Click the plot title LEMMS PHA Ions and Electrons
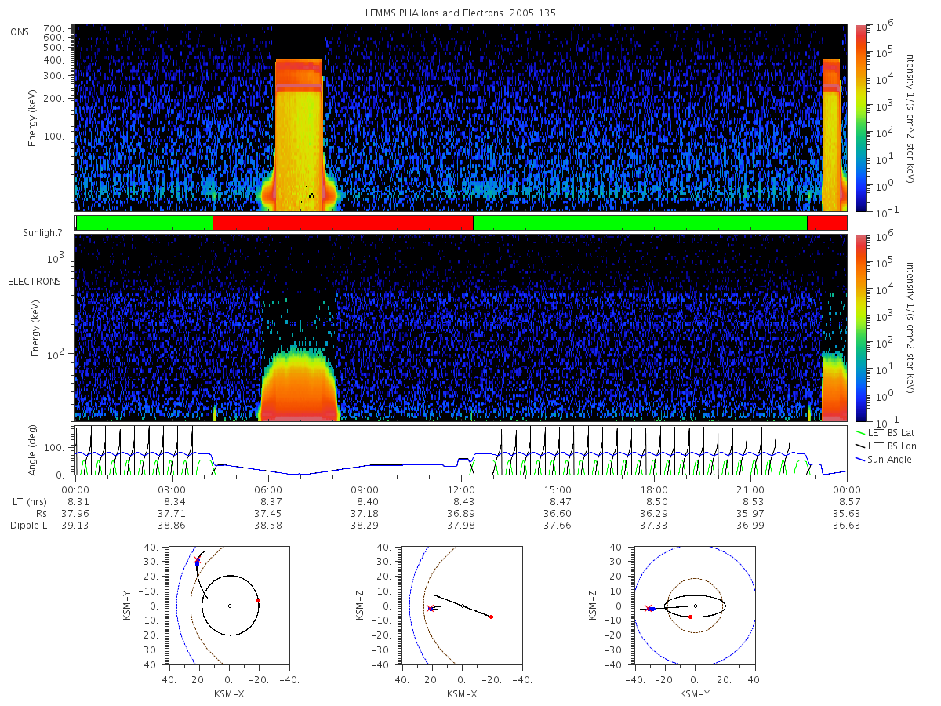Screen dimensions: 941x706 tap(434, 13)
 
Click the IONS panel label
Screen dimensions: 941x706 tap(18, 32)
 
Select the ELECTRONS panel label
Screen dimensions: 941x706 tap(35, 282)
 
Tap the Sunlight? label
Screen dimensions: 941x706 tap(42, 233)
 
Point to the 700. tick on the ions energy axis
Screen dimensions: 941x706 tap(53, 29)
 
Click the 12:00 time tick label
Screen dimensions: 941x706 tap(461, 490)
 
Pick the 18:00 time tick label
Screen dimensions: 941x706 tap(654, 490)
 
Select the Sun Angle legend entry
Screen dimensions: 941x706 tap(884, 460)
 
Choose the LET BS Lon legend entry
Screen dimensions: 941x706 tap(886, 446)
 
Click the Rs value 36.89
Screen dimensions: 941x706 tap(461, 514)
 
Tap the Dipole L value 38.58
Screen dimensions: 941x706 tap(268, 525)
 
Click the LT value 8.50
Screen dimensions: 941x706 tap(654, 502)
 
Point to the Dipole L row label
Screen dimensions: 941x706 tap(29, 525)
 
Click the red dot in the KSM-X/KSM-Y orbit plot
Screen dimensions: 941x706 tap(258, 601)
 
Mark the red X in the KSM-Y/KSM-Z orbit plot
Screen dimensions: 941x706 tap(648, 608)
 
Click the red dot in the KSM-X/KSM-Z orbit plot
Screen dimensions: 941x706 tap(492, 617)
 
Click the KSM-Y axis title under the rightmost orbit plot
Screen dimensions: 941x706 tap(695, 694)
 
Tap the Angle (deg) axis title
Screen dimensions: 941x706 tap(32, 450)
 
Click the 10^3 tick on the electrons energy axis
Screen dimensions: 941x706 tap(55, 258)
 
